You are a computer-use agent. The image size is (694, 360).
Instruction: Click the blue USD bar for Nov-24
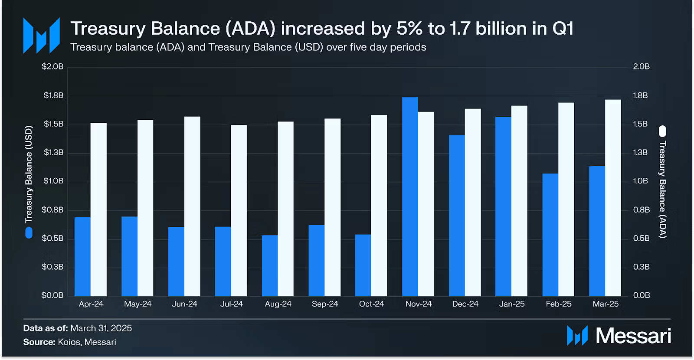410,196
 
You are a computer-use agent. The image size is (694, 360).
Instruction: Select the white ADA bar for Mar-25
613,198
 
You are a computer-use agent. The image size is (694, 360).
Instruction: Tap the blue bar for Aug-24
270,265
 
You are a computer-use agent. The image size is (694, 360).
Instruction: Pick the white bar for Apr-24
98,209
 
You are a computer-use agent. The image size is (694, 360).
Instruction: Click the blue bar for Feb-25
550,235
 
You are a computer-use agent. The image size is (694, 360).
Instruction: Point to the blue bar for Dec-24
457,216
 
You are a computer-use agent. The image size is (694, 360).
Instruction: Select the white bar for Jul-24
239,210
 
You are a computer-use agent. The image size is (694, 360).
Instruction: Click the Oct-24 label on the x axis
371,304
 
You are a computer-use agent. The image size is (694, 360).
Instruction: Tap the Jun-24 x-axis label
184,304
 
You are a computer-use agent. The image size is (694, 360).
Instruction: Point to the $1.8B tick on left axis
53,95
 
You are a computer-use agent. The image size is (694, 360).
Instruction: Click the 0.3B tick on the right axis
641,267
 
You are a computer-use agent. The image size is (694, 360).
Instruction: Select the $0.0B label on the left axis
52,295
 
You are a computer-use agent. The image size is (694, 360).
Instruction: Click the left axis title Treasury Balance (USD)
29,174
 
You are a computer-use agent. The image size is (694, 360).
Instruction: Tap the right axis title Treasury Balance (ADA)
662,190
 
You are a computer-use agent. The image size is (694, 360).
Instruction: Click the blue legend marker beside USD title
29,233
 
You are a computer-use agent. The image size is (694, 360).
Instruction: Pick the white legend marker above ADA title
662,131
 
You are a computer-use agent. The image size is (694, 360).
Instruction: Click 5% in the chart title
409,29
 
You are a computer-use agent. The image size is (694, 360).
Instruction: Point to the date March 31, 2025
101,328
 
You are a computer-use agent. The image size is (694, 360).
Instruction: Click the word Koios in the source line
69,342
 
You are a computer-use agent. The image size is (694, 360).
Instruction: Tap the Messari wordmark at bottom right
633,336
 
